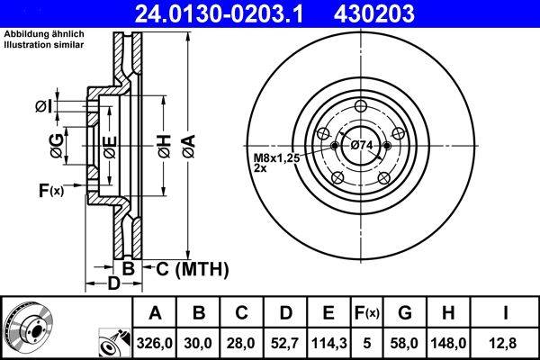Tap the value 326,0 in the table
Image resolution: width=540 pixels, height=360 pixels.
coord(155,342)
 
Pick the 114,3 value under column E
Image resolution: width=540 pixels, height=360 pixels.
coord(328,342)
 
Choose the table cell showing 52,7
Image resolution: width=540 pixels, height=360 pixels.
coord(285,342)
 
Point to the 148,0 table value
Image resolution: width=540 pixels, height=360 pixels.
coord(447,342)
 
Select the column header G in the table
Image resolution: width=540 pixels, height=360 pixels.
coord(404,312)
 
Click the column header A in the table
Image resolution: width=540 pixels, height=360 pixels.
coord(155,312)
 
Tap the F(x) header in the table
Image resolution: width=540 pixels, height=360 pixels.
coord(366,312)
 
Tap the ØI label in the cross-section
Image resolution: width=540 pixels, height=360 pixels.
coord(44,107)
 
